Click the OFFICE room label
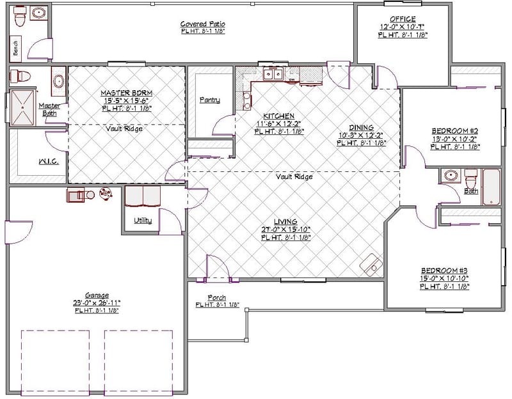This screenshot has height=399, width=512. pos(403,19)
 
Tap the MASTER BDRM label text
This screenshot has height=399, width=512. pos(126,93)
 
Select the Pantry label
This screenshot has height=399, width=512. pos(209,100)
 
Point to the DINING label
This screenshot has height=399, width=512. pos(361,127)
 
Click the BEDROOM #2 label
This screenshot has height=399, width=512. pos(455,131)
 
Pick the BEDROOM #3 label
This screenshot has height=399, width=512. pos(444,270)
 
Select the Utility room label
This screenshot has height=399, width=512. pos(143,221)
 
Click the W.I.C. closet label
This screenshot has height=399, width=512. pos(49,162)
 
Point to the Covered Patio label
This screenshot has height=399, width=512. pos(202,24)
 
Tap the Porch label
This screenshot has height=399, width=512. pos(216,298)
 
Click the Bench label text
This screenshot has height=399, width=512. pos(15,47)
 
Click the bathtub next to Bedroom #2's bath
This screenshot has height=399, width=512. pos(491,187)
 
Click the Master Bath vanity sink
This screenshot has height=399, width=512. pos(58,81)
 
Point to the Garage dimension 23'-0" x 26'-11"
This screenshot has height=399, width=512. pos(97,302)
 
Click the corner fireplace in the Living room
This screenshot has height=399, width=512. pos(371,264)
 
